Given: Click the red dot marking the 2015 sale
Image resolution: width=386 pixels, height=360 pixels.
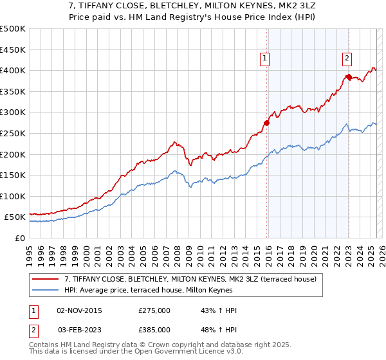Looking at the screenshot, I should click(x=266, y=122).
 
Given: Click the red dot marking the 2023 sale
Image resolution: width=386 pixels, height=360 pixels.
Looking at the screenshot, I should click(x=349, y=76).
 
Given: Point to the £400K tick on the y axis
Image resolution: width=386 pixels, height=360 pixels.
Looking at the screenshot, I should click(x=14, y=70).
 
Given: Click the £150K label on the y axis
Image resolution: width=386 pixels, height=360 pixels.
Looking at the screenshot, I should click(x=14, y=175).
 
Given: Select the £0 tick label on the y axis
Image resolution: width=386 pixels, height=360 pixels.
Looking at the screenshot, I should click(x=21, y=238).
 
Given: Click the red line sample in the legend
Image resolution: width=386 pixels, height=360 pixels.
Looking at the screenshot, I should click(x=45, y=280).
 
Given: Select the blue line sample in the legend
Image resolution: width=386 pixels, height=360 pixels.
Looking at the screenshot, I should click(x=45, y=291).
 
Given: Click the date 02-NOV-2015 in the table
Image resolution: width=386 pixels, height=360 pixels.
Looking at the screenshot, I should click(x=80, y=310).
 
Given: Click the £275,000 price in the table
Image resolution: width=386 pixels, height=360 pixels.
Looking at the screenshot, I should click(x=154, y=310).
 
